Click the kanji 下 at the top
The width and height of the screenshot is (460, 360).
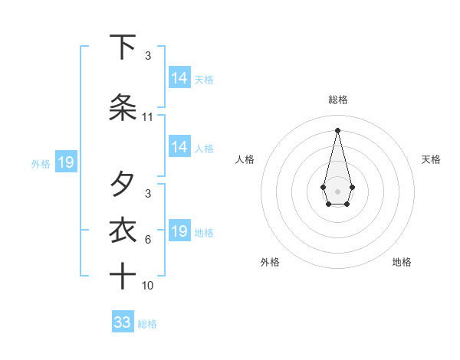click(123, 47)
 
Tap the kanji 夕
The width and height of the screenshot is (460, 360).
click(123, 184)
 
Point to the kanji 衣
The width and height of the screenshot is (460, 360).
click(123, 231)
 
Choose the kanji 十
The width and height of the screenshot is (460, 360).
click(123, 276)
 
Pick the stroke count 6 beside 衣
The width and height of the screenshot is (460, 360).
click(148, 240)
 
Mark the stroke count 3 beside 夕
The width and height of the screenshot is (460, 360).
click(148, 194)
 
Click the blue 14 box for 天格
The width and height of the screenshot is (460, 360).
click(179, 78)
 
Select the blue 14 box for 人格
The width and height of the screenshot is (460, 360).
click(179, 148)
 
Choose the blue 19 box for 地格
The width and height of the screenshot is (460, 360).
click(179, 231)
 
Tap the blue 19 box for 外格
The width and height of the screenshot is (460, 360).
click(65, 162)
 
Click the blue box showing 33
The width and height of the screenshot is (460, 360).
click(123, 322)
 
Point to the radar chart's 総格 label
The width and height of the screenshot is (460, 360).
click(338, 100)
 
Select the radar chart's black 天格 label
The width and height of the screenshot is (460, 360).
click(431, 159)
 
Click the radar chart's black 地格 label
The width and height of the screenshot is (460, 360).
click(402, 262)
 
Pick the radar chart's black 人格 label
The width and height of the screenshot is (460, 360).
click(245, 159)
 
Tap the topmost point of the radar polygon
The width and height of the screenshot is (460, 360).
click(337, 129)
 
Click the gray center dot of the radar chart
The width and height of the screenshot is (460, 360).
click(337, 190)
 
